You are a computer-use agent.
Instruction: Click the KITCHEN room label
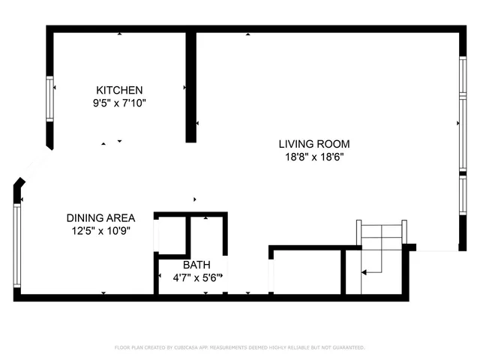pos(118,90)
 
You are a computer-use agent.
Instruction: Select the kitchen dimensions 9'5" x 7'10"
pos(118,103)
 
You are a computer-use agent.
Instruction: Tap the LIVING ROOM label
pos(313,144)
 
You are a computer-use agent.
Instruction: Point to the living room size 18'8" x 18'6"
pos(313,157)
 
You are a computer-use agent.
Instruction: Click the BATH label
pos(196,265)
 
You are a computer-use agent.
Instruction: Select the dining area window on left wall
pos(16,240)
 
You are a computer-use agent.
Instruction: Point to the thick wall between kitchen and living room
pos(190,86)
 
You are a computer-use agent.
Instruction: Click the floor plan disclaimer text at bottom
pos(239,347)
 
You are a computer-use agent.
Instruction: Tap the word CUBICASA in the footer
pos(190,347)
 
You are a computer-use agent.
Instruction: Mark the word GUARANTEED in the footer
pos(347,347)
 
